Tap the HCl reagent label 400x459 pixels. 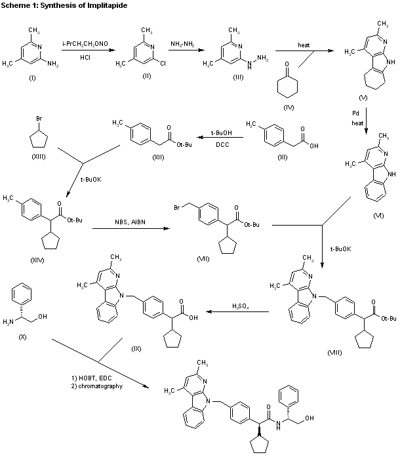[x=86, y=58]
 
